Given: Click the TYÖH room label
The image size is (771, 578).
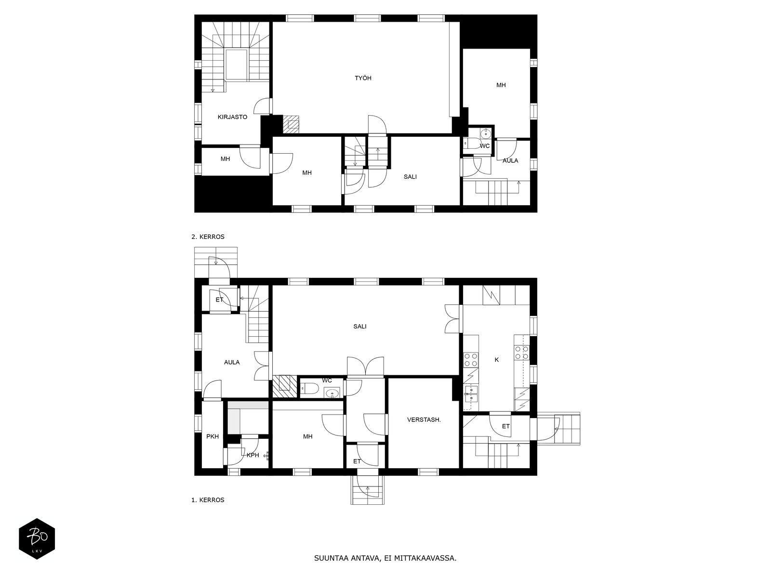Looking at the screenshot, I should (363, 78).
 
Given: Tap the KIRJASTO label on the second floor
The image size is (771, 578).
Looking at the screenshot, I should (232, 117).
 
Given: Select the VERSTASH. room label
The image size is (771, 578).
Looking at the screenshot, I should (424, 420).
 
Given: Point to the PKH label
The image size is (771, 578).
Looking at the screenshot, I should (213, 437).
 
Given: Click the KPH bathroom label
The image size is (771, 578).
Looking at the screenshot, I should (253, 455).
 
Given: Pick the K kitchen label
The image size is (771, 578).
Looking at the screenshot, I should (497, 360).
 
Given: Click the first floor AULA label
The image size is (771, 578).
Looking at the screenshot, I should (232, 362).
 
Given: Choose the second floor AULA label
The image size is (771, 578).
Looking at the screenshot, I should (510, 160).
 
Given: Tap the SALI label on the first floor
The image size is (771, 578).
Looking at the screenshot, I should (360, 327).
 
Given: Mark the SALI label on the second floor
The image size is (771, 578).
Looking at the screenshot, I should (410, 177).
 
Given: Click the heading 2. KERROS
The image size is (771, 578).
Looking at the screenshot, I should (208, 237).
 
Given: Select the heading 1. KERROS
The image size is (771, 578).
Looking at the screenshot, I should (208, 500).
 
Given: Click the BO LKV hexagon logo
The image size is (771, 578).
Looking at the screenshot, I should (37, 539).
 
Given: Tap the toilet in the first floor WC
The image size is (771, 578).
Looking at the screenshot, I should (310, 388).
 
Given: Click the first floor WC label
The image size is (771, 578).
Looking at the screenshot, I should (327, 381).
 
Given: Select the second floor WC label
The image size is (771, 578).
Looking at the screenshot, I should (485, 146).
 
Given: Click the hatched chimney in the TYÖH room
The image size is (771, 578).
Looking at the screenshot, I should (291, 124).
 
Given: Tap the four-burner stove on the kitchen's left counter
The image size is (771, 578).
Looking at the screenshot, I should (471, 359).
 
